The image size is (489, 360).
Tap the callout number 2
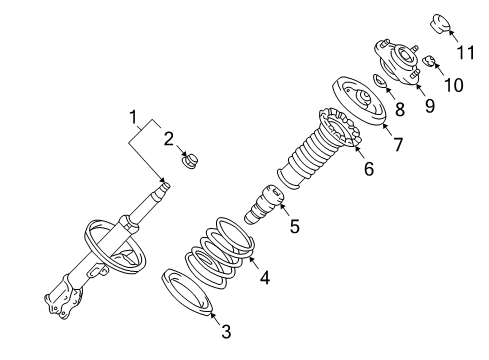169,138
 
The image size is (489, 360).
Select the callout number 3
227,331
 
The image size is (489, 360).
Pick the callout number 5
294,227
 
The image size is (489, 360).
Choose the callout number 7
397,145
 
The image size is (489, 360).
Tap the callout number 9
429,103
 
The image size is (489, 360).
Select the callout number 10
453,85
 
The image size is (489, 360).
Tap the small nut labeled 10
427,62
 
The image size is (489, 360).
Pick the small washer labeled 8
381,81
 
